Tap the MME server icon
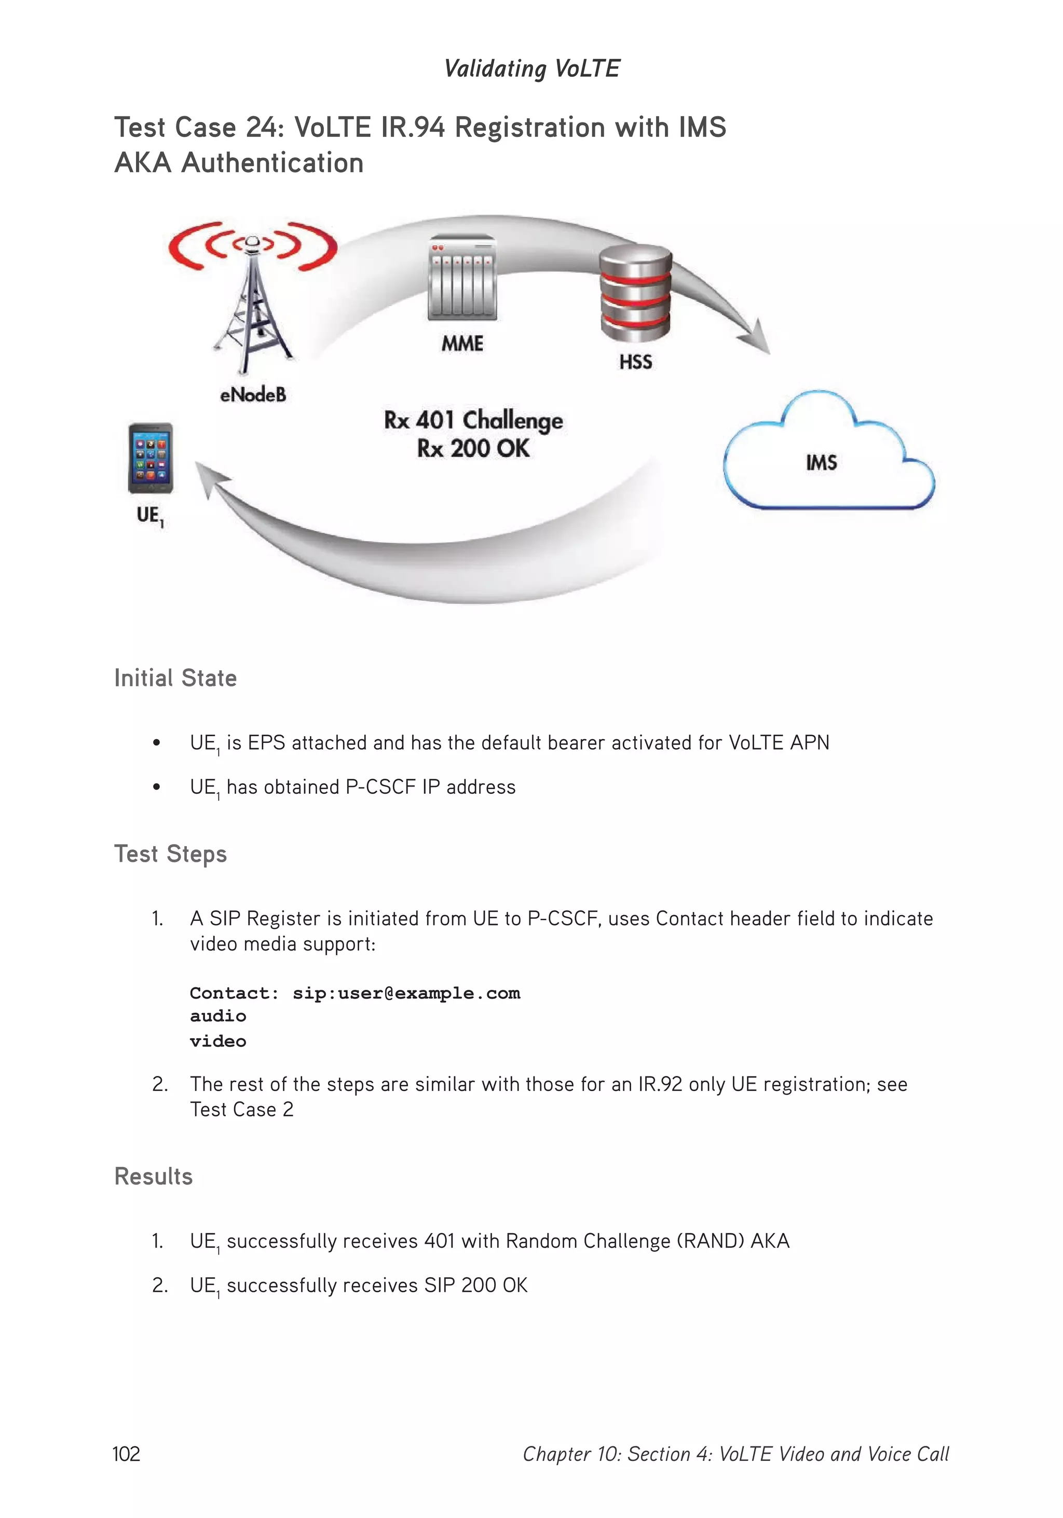[x=462, y=279]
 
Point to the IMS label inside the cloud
[x=822, y=462]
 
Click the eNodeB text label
[x=253, y=395]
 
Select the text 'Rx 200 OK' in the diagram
[x=473, y=448]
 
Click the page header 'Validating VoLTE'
[x=532, y=68]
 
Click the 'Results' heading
[x=154, y=1176]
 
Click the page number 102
[x=126, y=1453]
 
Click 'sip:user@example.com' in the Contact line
[x=406, y=993]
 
